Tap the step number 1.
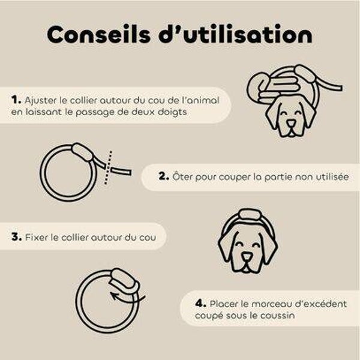click(16, 100)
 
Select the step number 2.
click(164, 176)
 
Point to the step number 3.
click(17, 237)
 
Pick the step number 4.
click(200, 304)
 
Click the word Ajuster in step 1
click(40, 101)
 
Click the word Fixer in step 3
click(37, 237)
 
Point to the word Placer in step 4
click(224, 304)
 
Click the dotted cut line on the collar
click(108, 167)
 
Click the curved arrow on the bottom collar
click(127, 298)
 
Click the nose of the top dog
click(291, 123)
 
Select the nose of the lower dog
click(246, 256)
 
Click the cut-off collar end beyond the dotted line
click(121, 171)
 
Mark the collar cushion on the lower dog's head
click(250, 214)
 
